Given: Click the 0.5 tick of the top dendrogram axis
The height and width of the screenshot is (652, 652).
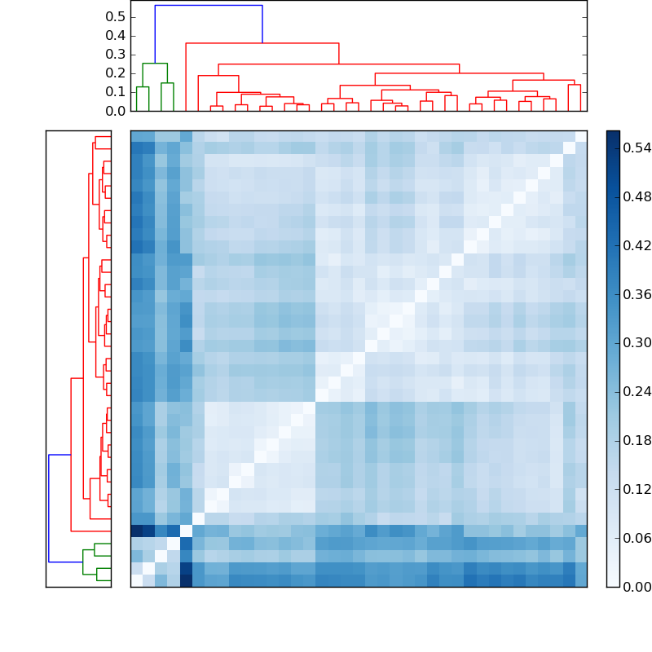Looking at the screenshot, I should pos(116,17).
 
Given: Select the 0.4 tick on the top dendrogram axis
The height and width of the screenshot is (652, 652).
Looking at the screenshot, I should pos(116,36).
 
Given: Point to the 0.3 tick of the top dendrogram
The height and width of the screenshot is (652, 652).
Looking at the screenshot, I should pos(116,55).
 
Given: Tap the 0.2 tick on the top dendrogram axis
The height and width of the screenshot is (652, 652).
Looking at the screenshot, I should pos(116,73).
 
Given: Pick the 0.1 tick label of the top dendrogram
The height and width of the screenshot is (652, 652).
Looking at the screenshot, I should pos(116,92).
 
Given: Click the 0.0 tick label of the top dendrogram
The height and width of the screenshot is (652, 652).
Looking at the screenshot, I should pos(116,110).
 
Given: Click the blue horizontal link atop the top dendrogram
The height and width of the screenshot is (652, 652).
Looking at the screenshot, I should pos(209,6).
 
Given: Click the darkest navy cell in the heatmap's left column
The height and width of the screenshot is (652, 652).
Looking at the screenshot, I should pos(136,531).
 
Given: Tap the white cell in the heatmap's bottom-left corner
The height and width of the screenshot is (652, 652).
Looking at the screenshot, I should pos(136,580).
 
